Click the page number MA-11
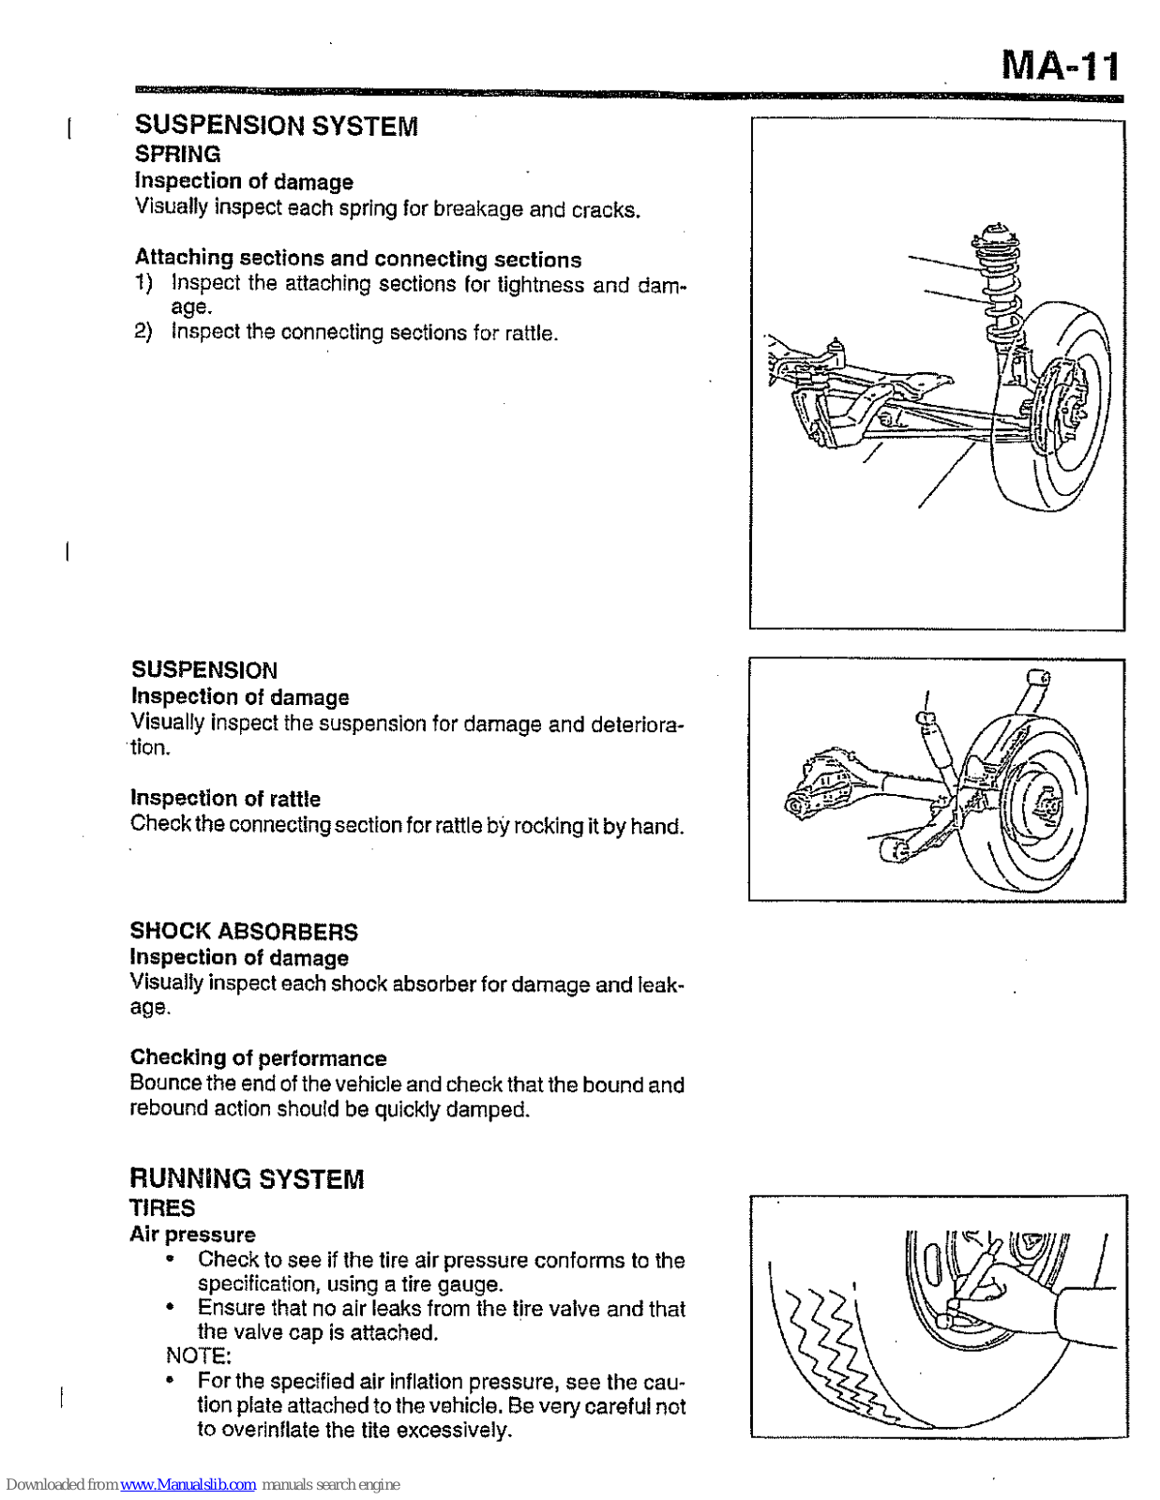[1060, 66]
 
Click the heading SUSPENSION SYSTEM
[276, 126]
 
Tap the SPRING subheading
[177, 155]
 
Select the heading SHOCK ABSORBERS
[244, 931]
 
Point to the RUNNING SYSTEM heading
[247, 1178]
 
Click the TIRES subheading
[162, 1207]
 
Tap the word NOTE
[198, 1356]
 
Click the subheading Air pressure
[192, 1234]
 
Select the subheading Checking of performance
[258, 1057]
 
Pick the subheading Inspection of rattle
[225, 798]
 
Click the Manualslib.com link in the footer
[188, 1484]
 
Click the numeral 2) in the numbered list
[143, 331]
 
